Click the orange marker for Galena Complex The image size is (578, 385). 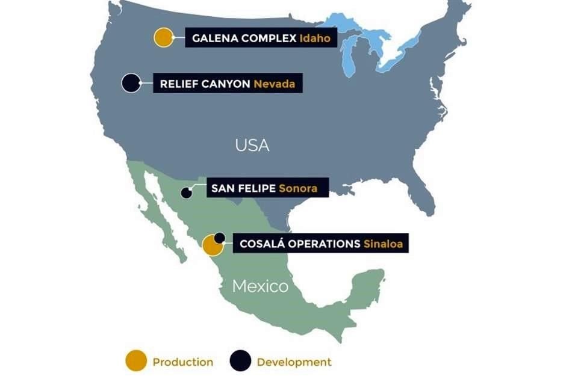pyautogui.click(x=163, y=37)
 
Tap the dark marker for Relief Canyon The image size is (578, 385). pyautogui.click(x=131, y=83)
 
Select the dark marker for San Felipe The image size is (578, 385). pyautogui.click(x=187, y=193)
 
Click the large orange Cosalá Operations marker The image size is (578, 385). pyautogui.click(x=212, y=245)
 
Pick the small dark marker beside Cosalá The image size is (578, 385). pyautogui.click(x=220, y=238)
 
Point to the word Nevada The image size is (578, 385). pyautogui.click(x=274, y=84)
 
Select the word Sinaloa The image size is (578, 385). pyautogui.click(x=382, y=244)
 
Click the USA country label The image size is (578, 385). pyautogui.click(x=252, y=145)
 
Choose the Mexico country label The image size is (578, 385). pyautogui.click(x=260, y=286)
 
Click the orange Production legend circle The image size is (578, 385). pyautogui.click(x=135, y=362)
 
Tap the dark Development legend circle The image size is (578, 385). pyautogui.click(x=240, y=362)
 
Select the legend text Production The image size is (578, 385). pyautogui.click(x=182, y=362)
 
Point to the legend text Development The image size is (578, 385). pyautogui.click(x=294, y=362)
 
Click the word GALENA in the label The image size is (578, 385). pyautogui.click(x=214, y=38)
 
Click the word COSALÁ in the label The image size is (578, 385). pyautogui.click(x=259, y=244)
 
